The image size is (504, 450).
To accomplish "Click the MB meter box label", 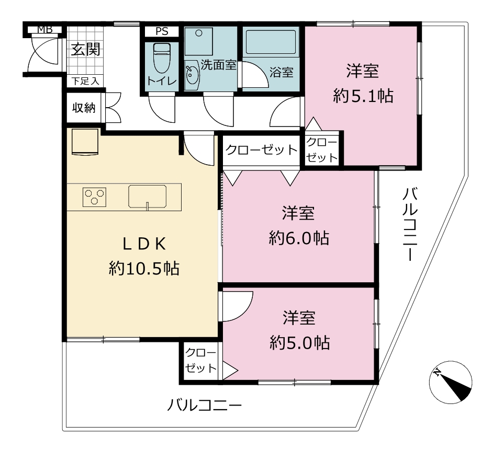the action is (x=45, y=29).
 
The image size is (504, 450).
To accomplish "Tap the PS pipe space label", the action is (x=162, y=31).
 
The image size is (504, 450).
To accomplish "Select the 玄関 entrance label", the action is (x=85, y=49).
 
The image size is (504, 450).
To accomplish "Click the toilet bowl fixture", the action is (x=162, y=58).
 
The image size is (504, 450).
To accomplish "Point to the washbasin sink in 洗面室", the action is (x=192, y=76).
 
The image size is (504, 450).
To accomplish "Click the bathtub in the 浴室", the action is (x=271, y=42).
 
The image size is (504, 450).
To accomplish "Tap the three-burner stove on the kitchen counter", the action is (x=95, y=197).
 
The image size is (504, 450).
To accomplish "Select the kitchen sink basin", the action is (x=148, y=197).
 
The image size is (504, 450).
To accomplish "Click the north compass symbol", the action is (x=451, y=382).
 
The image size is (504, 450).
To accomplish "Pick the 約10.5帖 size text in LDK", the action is (x=144, y=268).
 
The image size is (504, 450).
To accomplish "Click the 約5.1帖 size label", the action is (x=363, y=96).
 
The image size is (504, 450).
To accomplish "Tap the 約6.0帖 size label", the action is (x=299, y=238).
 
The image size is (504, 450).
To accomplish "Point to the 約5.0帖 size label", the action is (x=299, y=343).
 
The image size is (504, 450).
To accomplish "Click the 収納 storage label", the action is (x=84, y=108).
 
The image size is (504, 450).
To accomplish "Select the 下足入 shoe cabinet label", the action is (x=85, y=81).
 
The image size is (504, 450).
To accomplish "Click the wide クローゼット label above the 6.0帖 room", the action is (x=261, y=150).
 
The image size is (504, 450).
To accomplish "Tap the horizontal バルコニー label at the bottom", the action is (x=205, y=406).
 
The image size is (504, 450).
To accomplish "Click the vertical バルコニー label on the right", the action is (x=410, y=224).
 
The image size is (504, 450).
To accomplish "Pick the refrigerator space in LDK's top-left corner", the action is (x=85, y=142).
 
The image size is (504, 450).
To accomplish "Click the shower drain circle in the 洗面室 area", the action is (x=199, y=33).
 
